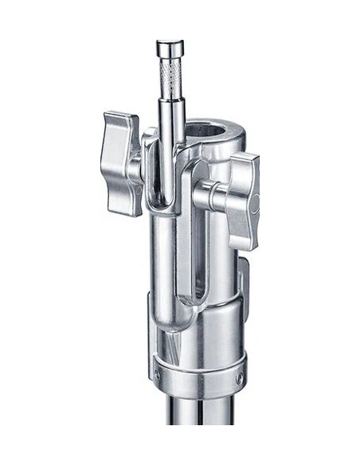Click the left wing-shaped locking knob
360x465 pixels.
pos(122,163)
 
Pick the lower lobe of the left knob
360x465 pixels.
pos(123,199)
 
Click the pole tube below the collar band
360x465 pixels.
pos(199,430)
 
